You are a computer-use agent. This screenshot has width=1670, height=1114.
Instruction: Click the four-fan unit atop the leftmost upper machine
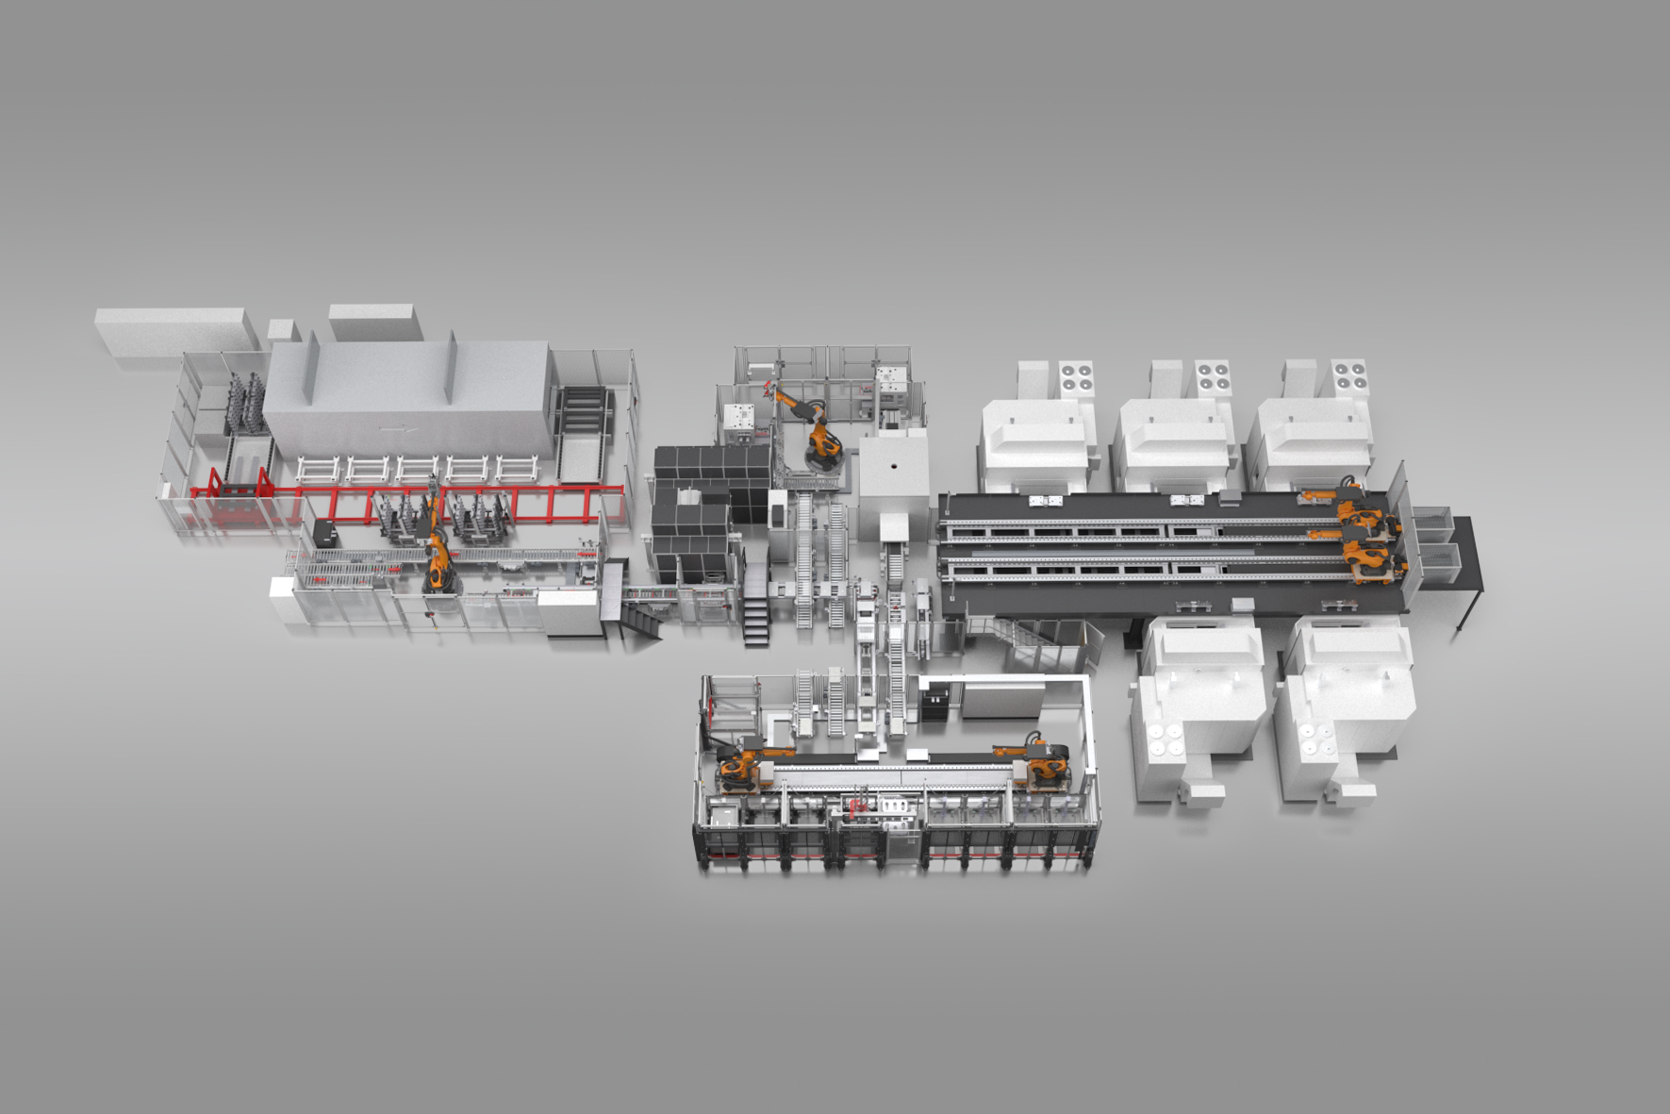[x=1075, y=377]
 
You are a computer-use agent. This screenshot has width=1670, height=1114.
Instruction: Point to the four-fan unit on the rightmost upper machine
[x=1348, y=375]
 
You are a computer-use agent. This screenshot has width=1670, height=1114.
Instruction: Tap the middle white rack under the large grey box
[x=417, y=468]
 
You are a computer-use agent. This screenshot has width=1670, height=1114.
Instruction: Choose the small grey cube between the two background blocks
[x=281, y=330]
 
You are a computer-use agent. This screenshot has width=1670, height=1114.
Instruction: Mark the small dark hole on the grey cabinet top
[x=891, y=468]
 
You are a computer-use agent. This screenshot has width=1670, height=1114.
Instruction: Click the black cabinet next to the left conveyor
[x=326, y=533]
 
